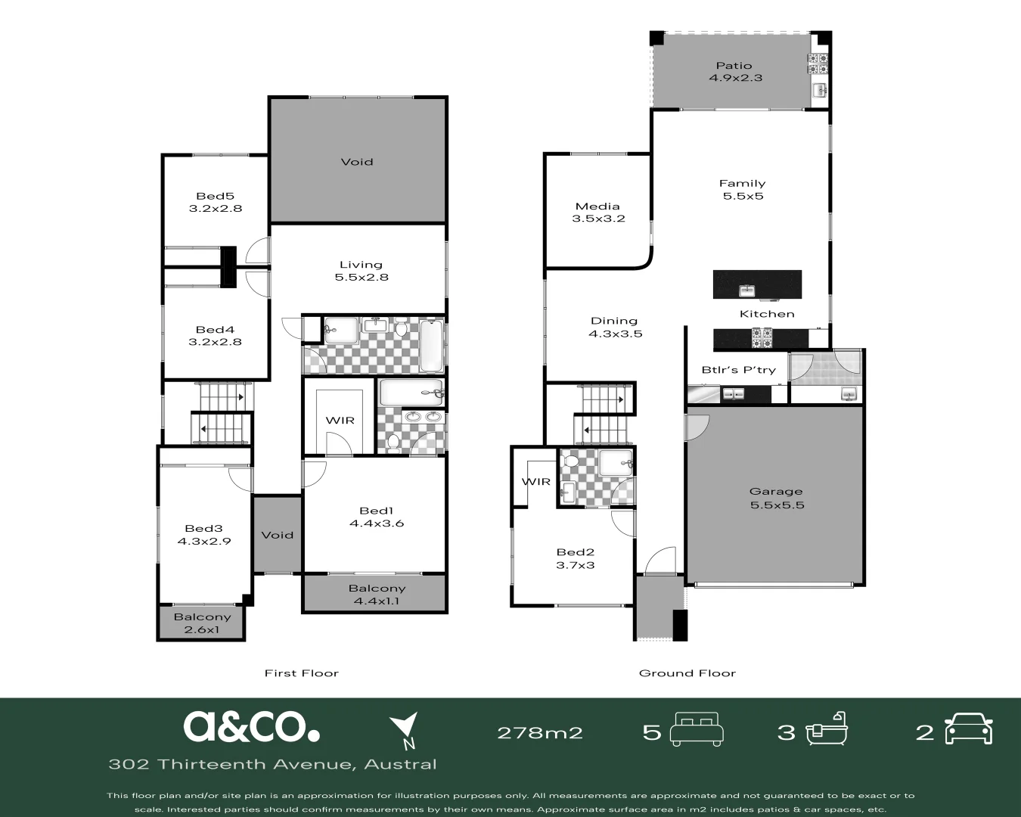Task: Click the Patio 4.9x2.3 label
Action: coord(734,72)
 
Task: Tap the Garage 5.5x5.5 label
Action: coord(777,499)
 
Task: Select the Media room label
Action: coord(597,213)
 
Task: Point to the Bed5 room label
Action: coord(216,202)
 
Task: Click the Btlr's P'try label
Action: coord(728,370)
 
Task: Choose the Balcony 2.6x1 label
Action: coord(202,623)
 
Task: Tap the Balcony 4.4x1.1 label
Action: coord(377,595)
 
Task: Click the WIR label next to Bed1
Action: coord(340,421)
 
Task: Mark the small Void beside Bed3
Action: coord(277,535)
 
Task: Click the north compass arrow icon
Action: coord(405,731)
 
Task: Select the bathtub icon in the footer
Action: coord(827,729)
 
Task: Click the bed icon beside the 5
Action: coord(697,729)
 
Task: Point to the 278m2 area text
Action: coord(539,733)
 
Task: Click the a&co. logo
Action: coord(251,726)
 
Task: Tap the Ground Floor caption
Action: coord(687,673)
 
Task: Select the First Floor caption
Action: coord(301,673)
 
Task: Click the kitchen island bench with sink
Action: coord(757,285)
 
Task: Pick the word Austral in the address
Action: coord(400,764)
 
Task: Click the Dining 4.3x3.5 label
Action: coord(615,327)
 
